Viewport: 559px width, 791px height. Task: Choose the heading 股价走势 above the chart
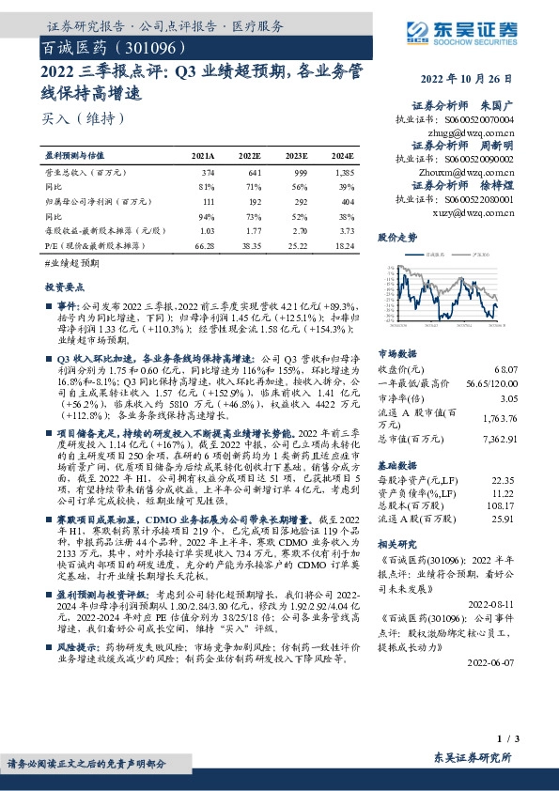[x=396, y=239]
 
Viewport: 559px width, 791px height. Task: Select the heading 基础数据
[x=396, y=466]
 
